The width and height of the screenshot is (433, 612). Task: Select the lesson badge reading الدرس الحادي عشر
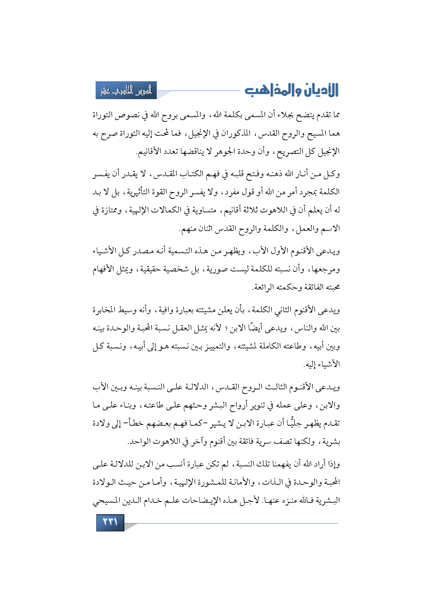(126, 90)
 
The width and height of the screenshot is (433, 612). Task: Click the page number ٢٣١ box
(110, 523)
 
